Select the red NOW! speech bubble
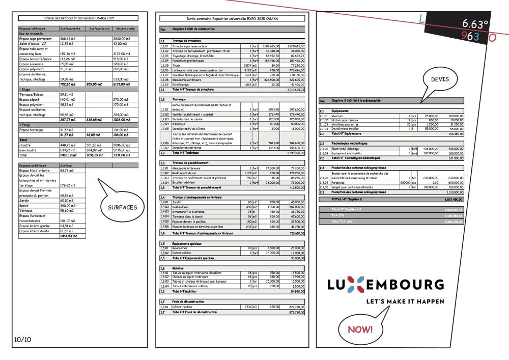[x=360, y=329]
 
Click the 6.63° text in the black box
[x=474, y=24]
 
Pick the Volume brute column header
[x=125, y=29]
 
